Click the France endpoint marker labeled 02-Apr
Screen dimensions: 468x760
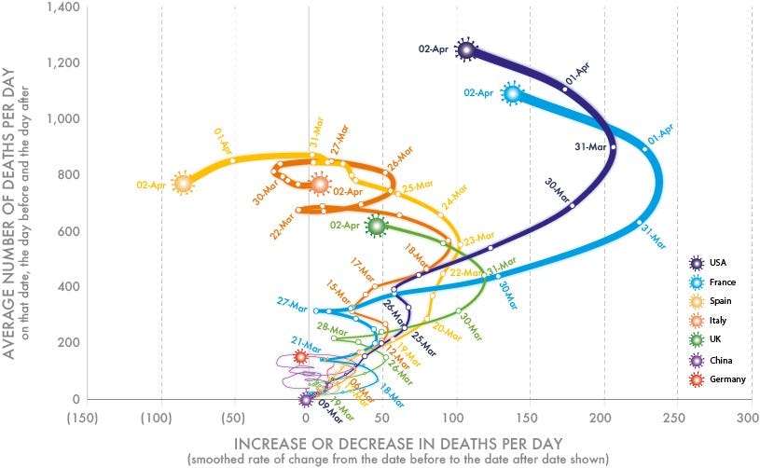point(512,94)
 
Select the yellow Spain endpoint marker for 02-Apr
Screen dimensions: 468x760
point(183,183)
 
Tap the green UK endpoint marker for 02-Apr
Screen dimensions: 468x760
point(377,225)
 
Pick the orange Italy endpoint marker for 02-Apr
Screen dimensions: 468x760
point(321,185)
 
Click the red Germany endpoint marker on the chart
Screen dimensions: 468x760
point(301,356)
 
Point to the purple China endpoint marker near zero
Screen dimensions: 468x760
point(306,399)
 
